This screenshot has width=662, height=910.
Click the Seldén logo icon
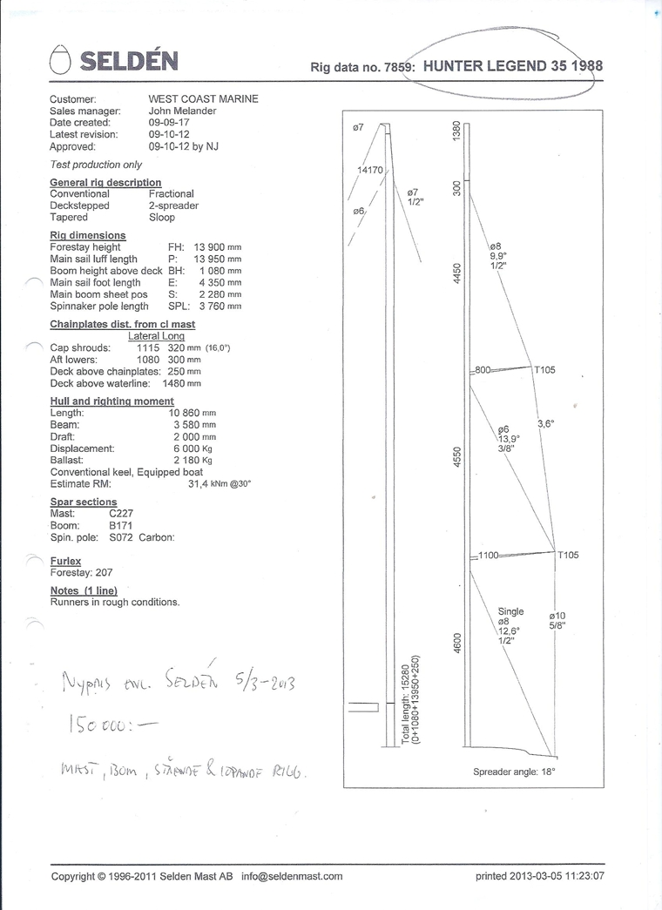(x=59, y=59)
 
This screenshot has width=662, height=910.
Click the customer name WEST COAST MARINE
(x=203, y=99)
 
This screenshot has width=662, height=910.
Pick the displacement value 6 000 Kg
(x=193, y=448)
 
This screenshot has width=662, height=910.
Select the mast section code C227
(x=121, y=514)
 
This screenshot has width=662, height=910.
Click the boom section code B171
(x=120, y=526)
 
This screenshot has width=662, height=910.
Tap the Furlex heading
(x=65, y=562)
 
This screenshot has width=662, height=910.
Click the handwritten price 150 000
(x=100, y=724)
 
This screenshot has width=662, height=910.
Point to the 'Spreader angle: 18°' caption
(x=514, y=772)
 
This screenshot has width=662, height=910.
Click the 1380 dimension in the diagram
(x=455, y=133)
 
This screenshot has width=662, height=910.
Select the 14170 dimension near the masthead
(x=370, y=170)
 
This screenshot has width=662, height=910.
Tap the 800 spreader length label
(x=483, y=370)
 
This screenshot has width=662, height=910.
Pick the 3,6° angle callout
(x=546, y=424)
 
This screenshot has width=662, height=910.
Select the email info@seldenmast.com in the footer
(x=292, y=876)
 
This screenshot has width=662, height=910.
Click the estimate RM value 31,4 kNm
(x=218, y=484)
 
